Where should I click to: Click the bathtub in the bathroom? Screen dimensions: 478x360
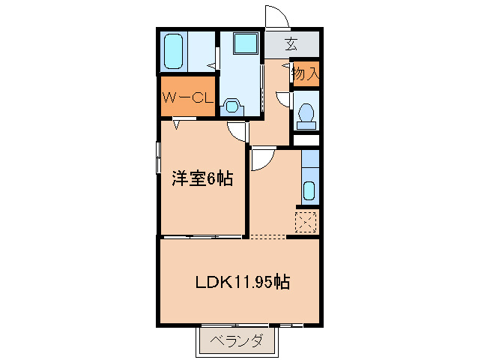point(174,51)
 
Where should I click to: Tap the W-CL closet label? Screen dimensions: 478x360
point(188,98)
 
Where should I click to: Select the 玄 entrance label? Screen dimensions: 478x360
point(291,44)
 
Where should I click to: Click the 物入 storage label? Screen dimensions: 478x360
point(306,73)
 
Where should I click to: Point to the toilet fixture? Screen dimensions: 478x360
point(306,116)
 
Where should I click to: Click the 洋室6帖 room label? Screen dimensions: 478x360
point(202,178)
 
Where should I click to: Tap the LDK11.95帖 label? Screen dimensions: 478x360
point(242,282)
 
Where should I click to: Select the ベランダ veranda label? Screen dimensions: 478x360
point(237,341)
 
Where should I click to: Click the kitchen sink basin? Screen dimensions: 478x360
point(309,190)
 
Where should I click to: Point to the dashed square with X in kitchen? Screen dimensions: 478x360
point(306,222)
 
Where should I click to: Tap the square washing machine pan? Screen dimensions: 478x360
point(246,43)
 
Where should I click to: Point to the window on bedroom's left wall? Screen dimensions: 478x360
point(158,157)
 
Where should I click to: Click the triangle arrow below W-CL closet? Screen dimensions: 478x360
point(177,124)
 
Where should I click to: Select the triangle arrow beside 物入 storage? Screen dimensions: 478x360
point(285,65)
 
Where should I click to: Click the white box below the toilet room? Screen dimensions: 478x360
point(306,140)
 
